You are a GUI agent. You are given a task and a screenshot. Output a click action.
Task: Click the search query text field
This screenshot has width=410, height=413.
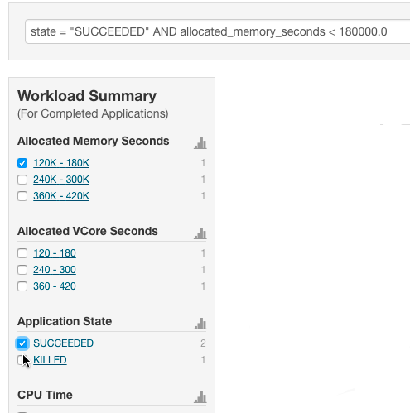tap(218, 31)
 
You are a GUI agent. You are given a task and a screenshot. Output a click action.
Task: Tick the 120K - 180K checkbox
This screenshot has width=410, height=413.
tap(22, 163)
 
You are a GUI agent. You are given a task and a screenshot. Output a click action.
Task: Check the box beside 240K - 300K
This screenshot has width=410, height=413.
tap(22, 180)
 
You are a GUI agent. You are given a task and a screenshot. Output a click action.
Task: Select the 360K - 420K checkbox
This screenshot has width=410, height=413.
tap(22, 196)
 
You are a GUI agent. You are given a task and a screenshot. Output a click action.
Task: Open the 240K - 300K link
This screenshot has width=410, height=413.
tap(61, 180)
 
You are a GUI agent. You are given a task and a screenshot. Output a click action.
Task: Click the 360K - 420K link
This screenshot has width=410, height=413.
tap(61, 196)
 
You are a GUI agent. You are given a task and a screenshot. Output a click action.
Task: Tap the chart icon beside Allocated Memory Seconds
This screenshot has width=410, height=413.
tap(200, 143)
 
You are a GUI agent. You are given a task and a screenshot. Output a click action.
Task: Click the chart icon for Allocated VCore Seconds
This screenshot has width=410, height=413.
tap(200, 233)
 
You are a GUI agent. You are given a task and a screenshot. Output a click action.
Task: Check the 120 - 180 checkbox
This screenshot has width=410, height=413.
tap(22, 253)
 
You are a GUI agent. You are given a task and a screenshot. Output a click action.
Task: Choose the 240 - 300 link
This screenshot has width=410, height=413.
tap(55, 270)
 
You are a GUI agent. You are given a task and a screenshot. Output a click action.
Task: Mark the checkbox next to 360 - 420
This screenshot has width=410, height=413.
tap(22, 286)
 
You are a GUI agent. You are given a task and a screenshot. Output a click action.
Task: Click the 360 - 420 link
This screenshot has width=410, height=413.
tap(55, 286)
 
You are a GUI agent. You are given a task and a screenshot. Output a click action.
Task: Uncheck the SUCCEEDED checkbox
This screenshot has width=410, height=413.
tap(22, 343)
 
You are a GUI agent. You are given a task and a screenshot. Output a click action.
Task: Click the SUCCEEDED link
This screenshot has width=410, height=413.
tap(64, 343)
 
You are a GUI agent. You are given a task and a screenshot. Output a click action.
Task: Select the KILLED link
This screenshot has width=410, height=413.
tap(50, 360)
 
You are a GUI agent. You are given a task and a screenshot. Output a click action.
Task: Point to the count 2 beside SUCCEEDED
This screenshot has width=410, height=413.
tap(203, 343)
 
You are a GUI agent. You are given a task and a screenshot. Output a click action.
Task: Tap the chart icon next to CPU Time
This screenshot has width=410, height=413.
tap(200, 397)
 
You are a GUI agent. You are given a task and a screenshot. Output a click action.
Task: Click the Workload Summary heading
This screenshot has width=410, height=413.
tap(87, 96)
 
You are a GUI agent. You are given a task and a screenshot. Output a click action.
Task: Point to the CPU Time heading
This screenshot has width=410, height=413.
tap(45, 395)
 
